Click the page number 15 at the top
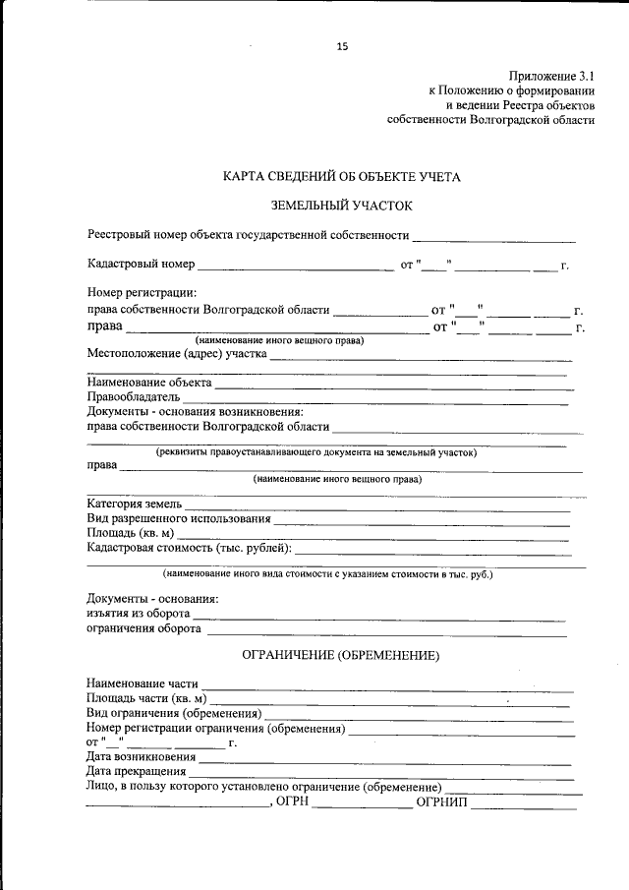pyautogui.click(x=342, y=46)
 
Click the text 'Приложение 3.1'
pyautogui.click(x=551, y=75)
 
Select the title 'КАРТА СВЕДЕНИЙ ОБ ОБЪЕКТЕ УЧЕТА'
pyautogui.click(x=341, y=177)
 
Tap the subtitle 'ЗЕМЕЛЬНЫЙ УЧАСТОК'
pyautogui.click(x=342, y=206)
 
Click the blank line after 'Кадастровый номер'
pyautogui.click(x=295, y=266)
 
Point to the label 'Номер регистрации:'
pyautogui.click(x=142, y=292)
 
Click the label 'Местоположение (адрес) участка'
pyautogui.click(x=177, y=354)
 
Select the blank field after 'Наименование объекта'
pyautogui.click(x=393, y=383)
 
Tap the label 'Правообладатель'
pyautogui.click(x=133, y=397)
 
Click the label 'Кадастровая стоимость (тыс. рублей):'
pyautogui.click(x=189, y=548)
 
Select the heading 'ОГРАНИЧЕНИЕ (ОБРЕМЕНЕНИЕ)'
pyautogui.click(x=340, y=655)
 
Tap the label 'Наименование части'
pyautogui.click(x=143, y=682)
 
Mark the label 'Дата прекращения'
pyautogui.click(x=137, y=772)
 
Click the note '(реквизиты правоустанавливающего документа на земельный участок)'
pyautogui.click(x=317, y=452)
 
